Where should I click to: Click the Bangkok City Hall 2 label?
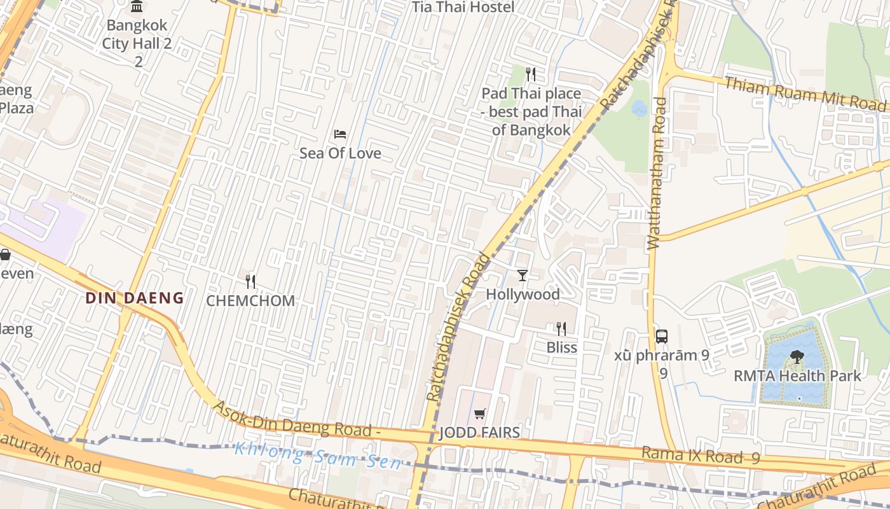137,35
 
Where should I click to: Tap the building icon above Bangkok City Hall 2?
137,7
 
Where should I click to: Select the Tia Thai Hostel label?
463,8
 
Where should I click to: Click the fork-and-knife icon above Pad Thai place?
531,74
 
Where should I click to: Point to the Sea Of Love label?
340,153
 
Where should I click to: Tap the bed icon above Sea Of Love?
340,134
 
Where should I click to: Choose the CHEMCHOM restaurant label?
250,300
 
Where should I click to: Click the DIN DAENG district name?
135,298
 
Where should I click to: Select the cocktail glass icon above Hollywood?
523,275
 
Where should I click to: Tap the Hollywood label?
523,295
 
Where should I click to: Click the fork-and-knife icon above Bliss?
561,328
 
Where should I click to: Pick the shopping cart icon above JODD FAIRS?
480,414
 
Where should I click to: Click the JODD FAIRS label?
480,433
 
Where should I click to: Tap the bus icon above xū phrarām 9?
662,336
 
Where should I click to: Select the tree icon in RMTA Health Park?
797,357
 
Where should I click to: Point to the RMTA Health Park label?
797,375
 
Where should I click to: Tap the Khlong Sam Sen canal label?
318,457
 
